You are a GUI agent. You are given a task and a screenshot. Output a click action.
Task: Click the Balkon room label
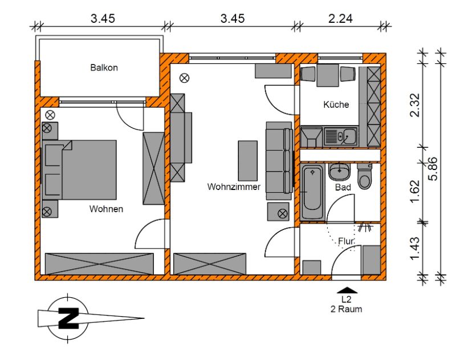click(104, 68)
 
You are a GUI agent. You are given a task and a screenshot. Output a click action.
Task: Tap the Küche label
click(336, 104)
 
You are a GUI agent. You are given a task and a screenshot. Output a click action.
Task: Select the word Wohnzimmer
click(234, 187)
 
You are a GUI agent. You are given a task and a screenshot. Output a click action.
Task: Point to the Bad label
click(343, 187)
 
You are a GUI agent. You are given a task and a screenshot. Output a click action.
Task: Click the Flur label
click(346, 241)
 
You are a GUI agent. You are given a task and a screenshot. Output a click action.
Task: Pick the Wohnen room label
click(106, 209)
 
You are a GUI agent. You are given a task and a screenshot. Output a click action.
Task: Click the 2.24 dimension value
click(340, 19)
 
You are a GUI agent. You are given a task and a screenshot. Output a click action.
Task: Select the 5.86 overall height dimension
click(433, 169)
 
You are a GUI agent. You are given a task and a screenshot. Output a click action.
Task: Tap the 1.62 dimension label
click(415, 192)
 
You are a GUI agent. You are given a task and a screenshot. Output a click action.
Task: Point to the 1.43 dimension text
click(415, 248)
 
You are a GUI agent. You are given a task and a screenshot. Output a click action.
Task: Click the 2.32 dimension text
click(415, 105)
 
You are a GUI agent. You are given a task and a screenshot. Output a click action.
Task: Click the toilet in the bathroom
click(365, 176)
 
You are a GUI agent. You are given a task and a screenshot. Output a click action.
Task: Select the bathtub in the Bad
click(312, 192)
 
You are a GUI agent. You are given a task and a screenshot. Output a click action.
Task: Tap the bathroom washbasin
click(339, 172)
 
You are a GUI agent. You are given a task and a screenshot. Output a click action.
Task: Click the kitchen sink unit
click(341, 136)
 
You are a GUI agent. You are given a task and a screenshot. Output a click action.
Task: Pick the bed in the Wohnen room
click(79, 170)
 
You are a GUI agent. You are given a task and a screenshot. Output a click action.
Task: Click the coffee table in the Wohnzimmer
click(248, 161)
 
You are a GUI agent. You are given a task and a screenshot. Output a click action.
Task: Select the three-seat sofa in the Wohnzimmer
click(279, 161)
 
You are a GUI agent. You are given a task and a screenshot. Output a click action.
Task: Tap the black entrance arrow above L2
click(347, 290)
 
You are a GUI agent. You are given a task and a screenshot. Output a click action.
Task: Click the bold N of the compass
click(68, 318)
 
